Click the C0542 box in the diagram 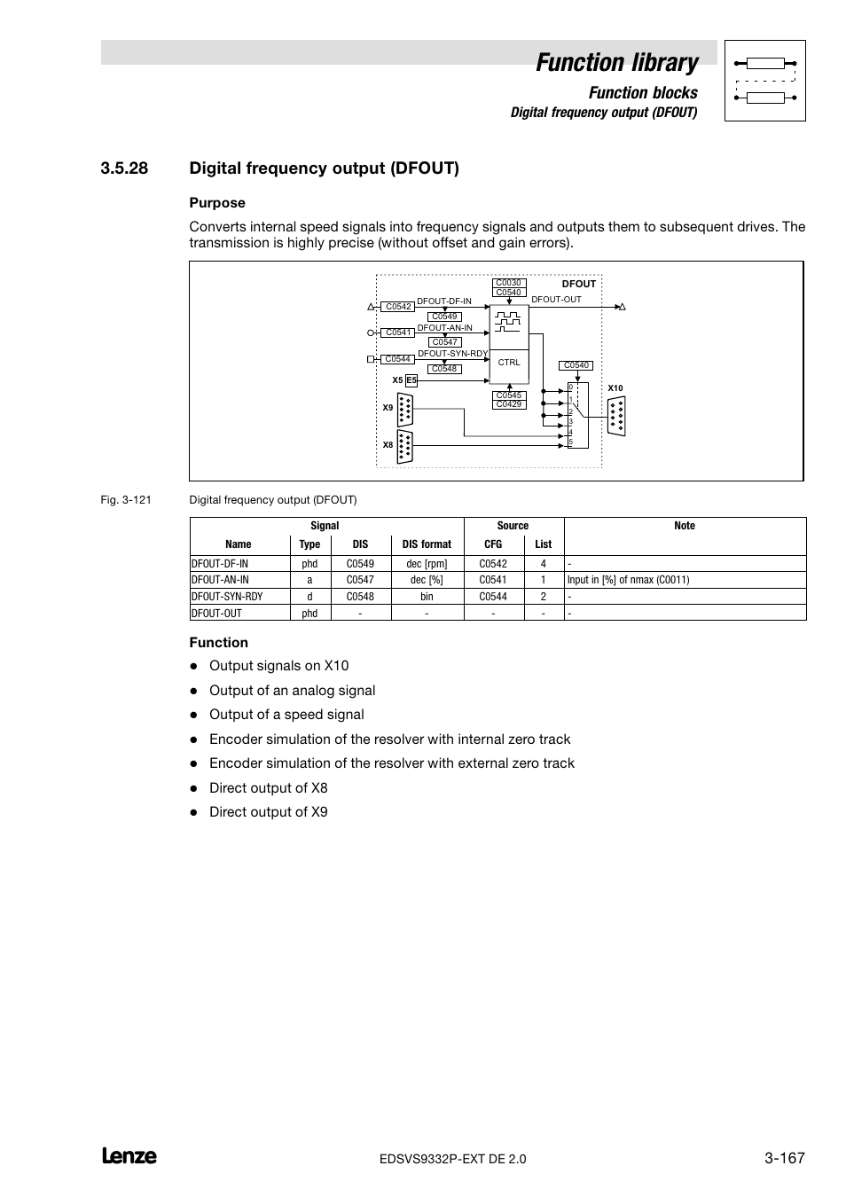coord(398,307)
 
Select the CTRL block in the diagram coord(509,363)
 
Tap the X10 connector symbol coord(616,416)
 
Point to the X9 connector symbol coord(405,409)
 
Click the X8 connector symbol coord(405,446)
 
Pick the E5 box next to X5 coord(411,380)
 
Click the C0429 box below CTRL coord(509,404)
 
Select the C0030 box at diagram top coord(508,284)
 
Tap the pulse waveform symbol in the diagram coord(508,321)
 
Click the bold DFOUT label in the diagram coord(579,284)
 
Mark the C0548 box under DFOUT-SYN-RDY coord(444,369)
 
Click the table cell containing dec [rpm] coord(427,564)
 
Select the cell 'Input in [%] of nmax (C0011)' coord(628,580)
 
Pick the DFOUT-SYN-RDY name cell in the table coord(228,597)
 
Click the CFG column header coord(493,544)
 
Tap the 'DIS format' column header coord(427,544)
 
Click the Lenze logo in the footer coord(129,1156)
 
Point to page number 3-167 coord(784,1158)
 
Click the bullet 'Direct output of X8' coord(268,787)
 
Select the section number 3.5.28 coord(124,168)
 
